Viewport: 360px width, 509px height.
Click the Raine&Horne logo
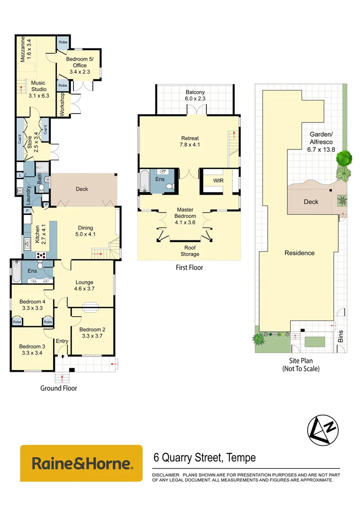coord(81,463)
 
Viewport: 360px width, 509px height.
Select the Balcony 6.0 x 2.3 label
coord(195,95)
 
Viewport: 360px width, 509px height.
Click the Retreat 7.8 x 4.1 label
coord(190,141)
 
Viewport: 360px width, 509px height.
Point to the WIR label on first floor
coord(218,181)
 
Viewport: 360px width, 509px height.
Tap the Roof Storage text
coord(190,251)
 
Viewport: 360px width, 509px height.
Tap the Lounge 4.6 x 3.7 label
coord(84,286)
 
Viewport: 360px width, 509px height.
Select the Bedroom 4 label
coord(33,304)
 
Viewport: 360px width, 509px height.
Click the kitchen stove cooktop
coord(41,255)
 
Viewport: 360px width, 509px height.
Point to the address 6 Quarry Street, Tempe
coord(205,458)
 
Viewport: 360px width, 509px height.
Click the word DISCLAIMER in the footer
coord(165,475)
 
